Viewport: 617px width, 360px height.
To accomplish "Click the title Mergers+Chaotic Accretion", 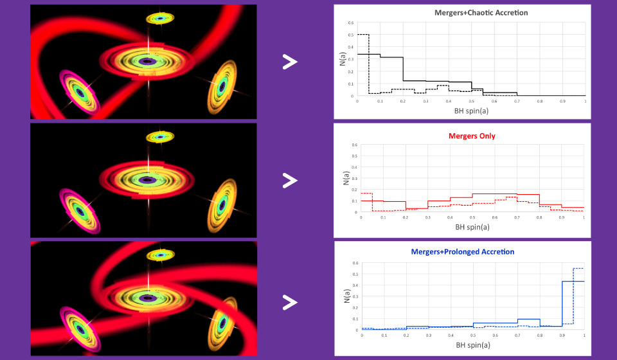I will (x=463, y=13).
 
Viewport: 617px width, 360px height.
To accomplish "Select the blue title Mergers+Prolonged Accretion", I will (x=462, y=251).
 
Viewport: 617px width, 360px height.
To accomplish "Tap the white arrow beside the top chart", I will (x=291, y=62).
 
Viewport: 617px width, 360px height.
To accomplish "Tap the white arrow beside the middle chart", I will (x=291, y=181).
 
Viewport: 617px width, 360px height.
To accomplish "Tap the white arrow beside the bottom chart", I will (x=291, y=301).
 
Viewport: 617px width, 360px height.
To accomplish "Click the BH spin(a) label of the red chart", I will (x=472, y=227).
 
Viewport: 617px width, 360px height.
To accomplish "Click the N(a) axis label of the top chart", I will (x=343, y=59).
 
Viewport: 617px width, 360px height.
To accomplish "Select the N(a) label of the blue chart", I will (x=343, y=296).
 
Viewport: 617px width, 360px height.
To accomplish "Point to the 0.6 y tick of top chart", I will (x=351, y=22).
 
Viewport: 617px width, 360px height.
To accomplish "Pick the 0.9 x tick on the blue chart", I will (x=562, y=336).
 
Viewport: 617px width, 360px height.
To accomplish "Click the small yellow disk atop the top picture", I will (x=159, y=18).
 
